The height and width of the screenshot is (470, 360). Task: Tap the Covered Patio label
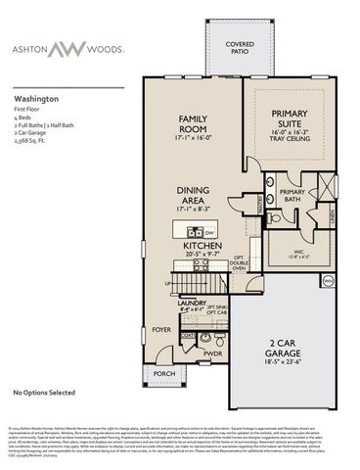239,48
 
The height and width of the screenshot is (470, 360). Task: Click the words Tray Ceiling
290,140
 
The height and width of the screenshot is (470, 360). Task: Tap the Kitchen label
200,245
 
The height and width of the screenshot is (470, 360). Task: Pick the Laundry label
192,304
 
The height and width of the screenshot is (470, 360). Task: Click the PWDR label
212,352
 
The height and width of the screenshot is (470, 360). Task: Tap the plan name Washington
36,99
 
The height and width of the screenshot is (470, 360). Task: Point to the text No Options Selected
44,393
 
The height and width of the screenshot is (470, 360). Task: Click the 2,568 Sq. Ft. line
32,141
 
